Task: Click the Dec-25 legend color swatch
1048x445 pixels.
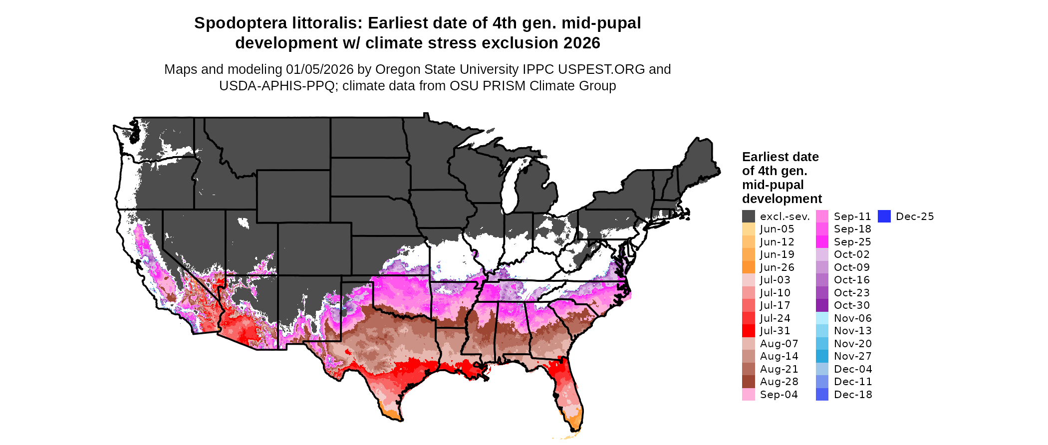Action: point(884,217)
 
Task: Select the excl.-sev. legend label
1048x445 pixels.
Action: point(785,217)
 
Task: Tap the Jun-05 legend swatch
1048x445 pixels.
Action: point(749,229)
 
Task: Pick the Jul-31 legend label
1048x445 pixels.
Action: point(775,331)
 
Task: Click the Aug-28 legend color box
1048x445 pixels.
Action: point(749,382)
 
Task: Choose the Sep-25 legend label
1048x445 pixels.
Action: point(852,242)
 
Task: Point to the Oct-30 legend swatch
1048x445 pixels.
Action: point(822,305)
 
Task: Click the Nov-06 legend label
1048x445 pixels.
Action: point(852,318)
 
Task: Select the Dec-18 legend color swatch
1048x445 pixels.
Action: point(822,395)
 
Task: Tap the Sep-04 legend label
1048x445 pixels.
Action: point(779,395)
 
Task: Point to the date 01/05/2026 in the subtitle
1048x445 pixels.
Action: point(319,69)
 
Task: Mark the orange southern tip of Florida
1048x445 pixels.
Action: point(575,420)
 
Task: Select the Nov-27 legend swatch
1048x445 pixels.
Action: point(822,356)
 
